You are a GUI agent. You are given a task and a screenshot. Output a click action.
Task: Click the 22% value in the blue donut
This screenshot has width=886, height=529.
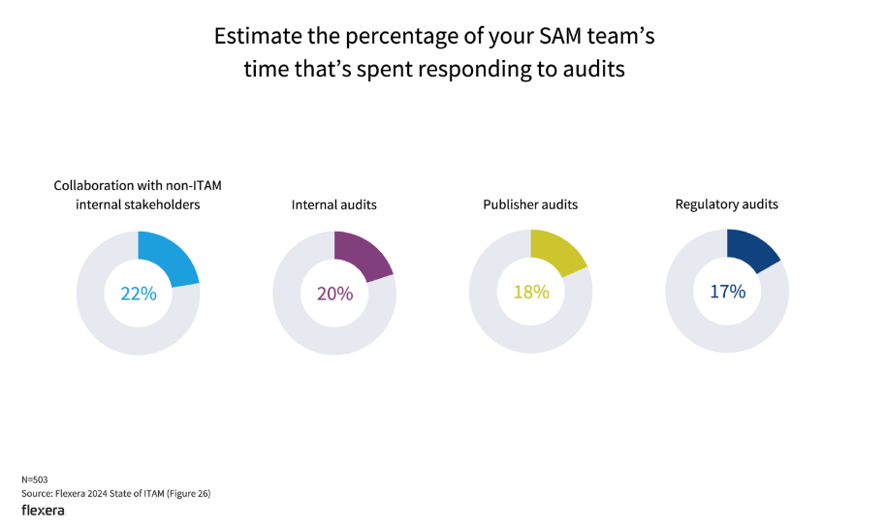click(138, 293)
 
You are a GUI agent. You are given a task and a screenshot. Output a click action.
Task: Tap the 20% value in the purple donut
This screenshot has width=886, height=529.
click(334, 293)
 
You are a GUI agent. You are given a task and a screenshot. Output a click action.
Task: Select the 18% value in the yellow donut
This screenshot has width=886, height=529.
click(531, 291)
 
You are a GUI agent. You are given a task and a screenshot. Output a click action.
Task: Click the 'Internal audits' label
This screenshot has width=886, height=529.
click(334, 205)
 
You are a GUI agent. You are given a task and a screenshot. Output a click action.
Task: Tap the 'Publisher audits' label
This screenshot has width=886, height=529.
click(530, 205)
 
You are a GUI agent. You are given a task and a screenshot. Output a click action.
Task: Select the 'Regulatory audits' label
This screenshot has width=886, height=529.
click(727, 204)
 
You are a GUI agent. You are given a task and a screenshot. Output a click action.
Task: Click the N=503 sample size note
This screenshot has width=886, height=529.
click(35, 480)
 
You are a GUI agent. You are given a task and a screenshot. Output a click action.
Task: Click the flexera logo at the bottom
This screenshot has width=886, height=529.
click(43, 511)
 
